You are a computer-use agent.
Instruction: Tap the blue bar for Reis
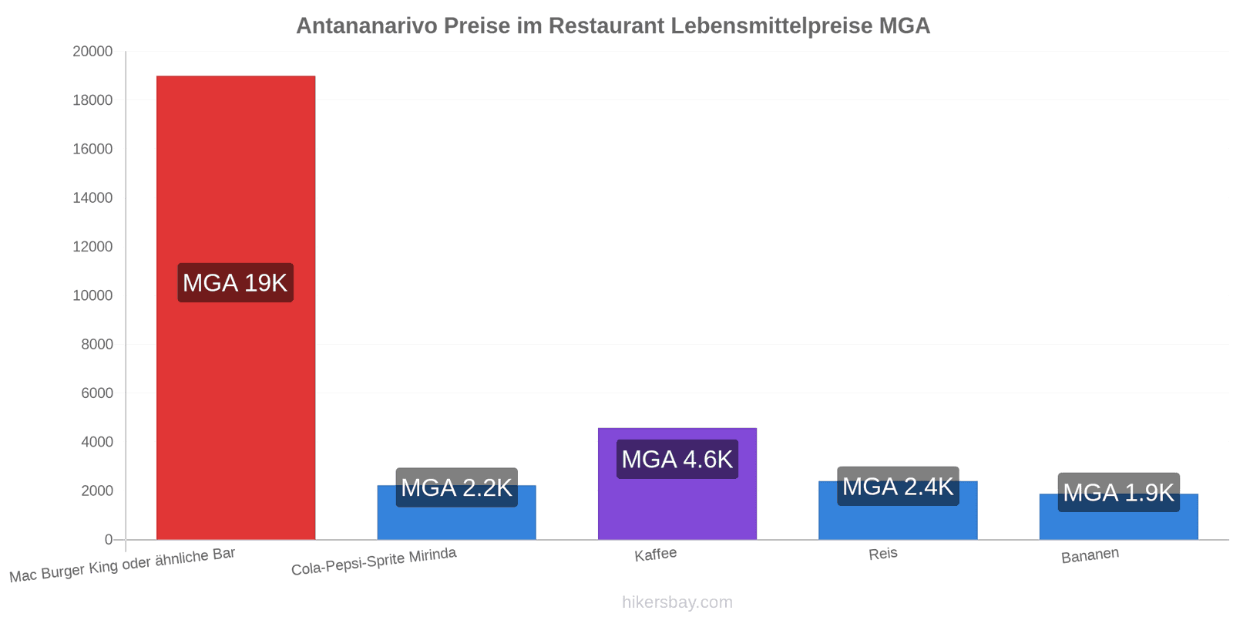point(898,521)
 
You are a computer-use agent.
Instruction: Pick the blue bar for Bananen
point(1118,524)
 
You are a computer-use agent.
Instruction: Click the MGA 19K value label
point(235,283)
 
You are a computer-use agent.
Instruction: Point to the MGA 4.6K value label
point(677,460)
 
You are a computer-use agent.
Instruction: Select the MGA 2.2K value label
point(456,487)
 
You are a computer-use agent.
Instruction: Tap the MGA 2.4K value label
point(898,487)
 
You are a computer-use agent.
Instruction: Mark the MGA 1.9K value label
point(1118,492)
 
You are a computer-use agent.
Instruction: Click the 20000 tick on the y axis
point(92,52)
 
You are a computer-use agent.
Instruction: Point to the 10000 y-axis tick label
point(92,295)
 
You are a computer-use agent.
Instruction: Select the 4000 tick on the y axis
point(97,442)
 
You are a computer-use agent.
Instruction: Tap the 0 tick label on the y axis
point(109,540)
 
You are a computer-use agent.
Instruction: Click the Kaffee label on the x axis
point(655,555)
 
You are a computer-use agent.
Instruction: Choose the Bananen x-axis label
point(1090,555)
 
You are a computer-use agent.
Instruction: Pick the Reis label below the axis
point(882,554)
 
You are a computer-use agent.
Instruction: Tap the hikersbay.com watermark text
point(677,602)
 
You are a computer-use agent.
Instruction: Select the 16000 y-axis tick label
point(92,149)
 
